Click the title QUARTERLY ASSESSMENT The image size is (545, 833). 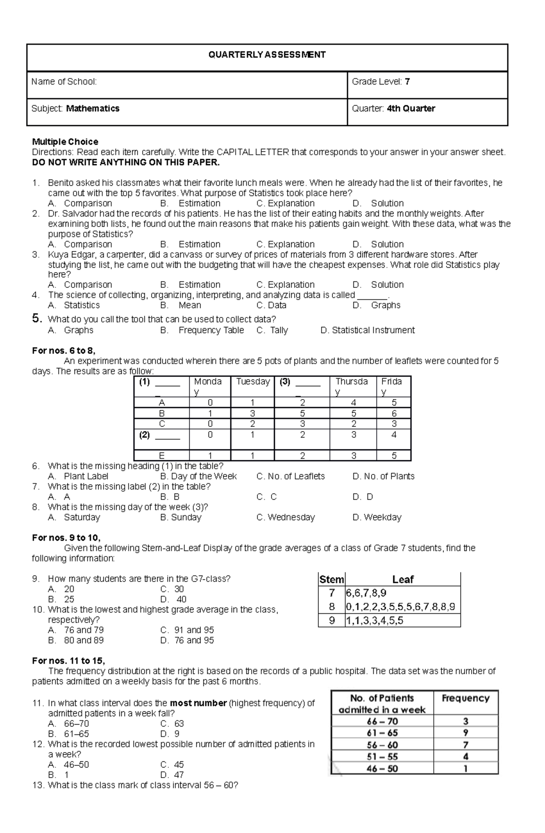click(x=267, y=55)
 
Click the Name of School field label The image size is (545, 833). click(x=64, y=82)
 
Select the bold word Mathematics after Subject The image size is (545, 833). click(x=93, y=108)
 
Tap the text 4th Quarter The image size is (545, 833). click(x=411, y=108)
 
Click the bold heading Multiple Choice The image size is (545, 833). click(x=65, y=142)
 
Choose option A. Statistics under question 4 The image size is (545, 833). click(x=74, y=306)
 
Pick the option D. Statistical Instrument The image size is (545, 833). click(x=367, y=330)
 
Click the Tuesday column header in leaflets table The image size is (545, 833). click(x=253, y=382)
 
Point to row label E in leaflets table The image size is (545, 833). click(x=162, y=456)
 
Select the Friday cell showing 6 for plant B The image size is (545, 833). click(x=394, y=414)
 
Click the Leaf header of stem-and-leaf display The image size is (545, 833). click(x=402, y=580)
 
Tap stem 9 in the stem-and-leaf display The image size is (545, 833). click(x=332, y=621)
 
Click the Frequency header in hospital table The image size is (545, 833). click(x=466, y=698)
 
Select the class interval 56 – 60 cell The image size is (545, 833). click(x=381, y=745)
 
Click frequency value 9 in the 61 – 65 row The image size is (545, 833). click(x=466, y=733)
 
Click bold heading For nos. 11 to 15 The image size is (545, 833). click(x=69, y=661)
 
